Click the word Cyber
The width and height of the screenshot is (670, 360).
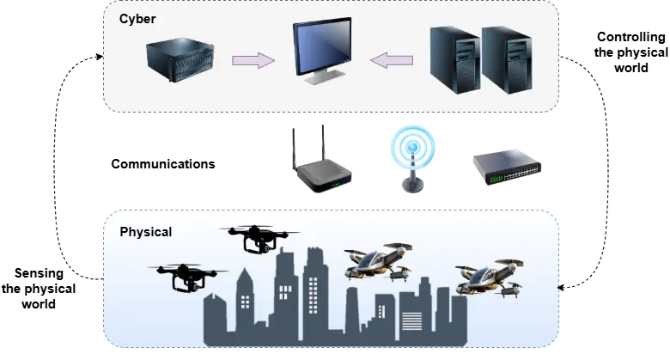tap(137, 19)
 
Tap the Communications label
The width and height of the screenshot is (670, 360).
tap(163, 164)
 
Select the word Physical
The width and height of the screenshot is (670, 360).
tap(146, 232)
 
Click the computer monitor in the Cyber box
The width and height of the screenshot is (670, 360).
tap(323, 51)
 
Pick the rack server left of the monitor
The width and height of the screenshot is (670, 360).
tap(180, 59)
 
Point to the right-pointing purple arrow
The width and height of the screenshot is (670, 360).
tap(253, 60)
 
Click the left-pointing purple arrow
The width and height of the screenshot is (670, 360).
tap(392, 60)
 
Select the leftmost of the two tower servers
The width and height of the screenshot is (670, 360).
tap(455, 60)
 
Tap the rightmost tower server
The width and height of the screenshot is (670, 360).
tap(507, 60)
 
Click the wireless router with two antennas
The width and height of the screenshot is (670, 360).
tap(322, 159)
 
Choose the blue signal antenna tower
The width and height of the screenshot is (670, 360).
tap(413, 159)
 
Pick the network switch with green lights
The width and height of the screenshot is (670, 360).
tap(507, 168)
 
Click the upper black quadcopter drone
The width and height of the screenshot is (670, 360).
tap(259, 240)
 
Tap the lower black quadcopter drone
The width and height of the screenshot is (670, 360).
tap(188, 278)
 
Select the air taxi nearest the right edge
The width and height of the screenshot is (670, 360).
tap(490, 278)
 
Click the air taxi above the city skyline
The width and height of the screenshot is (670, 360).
tap(379, 263)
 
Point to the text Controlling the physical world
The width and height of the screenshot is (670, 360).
tap(630, 52)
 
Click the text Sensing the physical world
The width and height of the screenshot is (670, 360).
tap(39, 289)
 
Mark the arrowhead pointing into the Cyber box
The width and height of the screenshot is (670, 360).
tap(100, 57)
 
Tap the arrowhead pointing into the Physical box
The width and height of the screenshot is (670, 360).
tap(561, 287)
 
